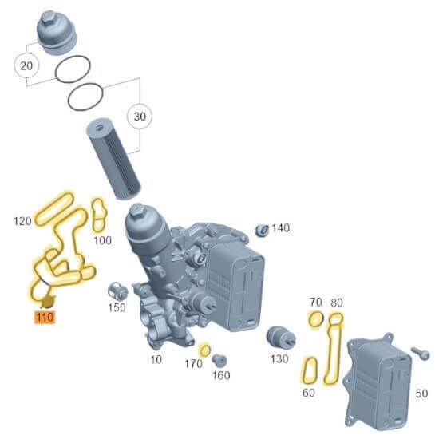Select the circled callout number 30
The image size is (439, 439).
(140, 117)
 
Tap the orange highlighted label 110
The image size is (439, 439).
(43, 317)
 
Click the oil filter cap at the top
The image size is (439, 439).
(57, 32)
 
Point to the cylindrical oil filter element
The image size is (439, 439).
(115, 158)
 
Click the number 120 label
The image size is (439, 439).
(23, 219)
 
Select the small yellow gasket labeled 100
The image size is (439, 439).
(99, 211)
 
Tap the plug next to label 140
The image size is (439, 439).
(260, 231)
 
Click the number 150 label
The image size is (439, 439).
(117, 307)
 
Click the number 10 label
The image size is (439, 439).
(156, 360)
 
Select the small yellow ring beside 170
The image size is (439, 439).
(204, 350)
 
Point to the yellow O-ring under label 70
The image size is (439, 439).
(315, 320)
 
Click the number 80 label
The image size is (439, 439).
(337, 302)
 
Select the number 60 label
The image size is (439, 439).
(308, 392)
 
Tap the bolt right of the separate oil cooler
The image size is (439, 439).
(420, 351)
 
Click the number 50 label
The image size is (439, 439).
(421, 394)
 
